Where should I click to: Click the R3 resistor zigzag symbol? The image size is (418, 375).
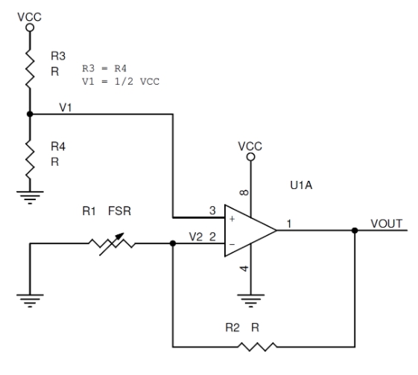tap(30, 68)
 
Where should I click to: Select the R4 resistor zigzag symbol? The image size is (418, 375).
tap(30, 159)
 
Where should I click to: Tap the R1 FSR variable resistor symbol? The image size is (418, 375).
tap(112, 243)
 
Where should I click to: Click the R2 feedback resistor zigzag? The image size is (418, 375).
tap(257, 347)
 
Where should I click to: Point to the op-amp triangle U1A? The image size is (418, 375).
tap(250, 231)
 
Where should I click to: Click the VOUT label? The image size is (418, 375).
tap(386, 224)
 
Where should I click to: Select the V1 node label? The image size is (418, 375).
tap(66, 108)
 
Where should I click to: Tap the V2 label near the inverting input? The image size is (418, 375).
tap(196, 237)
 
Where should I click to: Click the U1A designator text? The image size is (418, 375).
tap(301, 185)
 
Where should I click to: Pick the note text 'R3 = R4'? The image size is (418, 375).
tap(104, 68)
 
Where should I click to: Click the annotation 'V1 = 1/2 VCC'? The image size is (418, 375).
tap(121, 81)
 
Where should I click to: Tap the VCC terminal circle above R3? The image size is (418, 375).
tap(30, 28)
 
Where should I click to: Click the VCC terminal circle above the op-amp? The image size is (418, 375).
tap(250, 157)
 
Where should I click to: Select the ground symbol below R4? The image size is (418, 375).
tap(30, 197)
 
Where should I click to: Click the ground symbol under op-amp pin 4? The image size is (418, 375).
tap(250, 301)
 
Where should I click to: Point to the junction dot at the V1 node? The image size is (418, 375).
tap(30, 114)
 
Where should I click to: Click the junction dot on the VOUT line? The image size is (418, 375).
tap(355, 231)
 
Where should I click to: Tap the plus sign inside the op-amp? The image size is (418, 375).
tap(232, 219)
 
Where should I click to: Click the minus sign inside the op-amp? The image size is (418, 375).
tap(232, 244)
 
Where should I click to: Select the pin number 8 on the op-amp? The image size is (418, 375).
tap(244, 193)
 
